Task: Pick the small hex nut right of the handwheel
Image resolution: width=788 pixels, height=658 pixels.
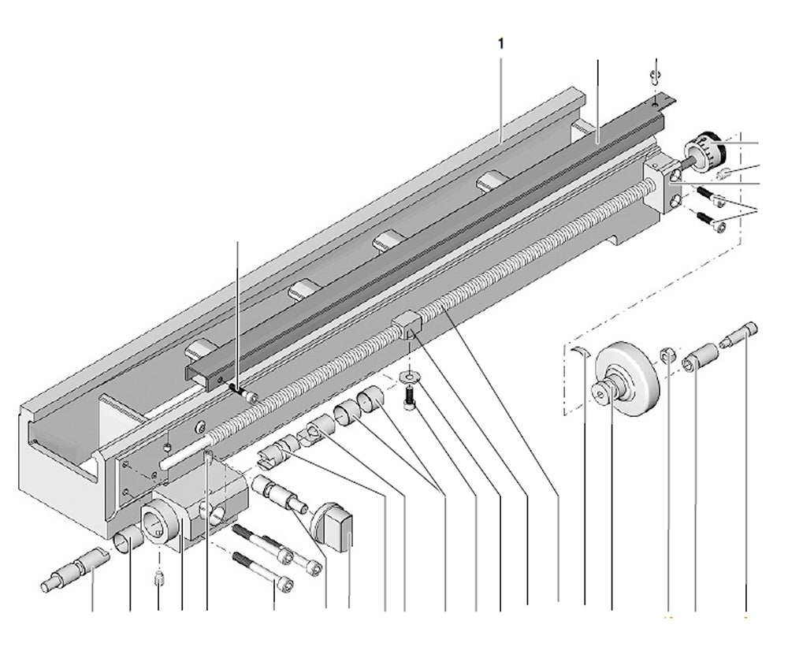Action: point(667,356)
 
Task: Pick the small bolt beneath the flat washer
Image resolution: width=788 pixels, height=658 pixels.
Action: point(408,396)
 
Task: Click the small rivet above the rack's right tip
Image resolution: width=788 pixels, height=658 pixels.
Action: point(653,76)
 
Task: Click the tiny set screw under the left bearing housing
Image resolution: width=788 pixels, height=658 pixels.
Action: point(158,581)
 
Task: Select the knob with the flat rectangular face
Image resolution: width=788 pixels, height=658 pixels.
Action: point(335,526)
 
